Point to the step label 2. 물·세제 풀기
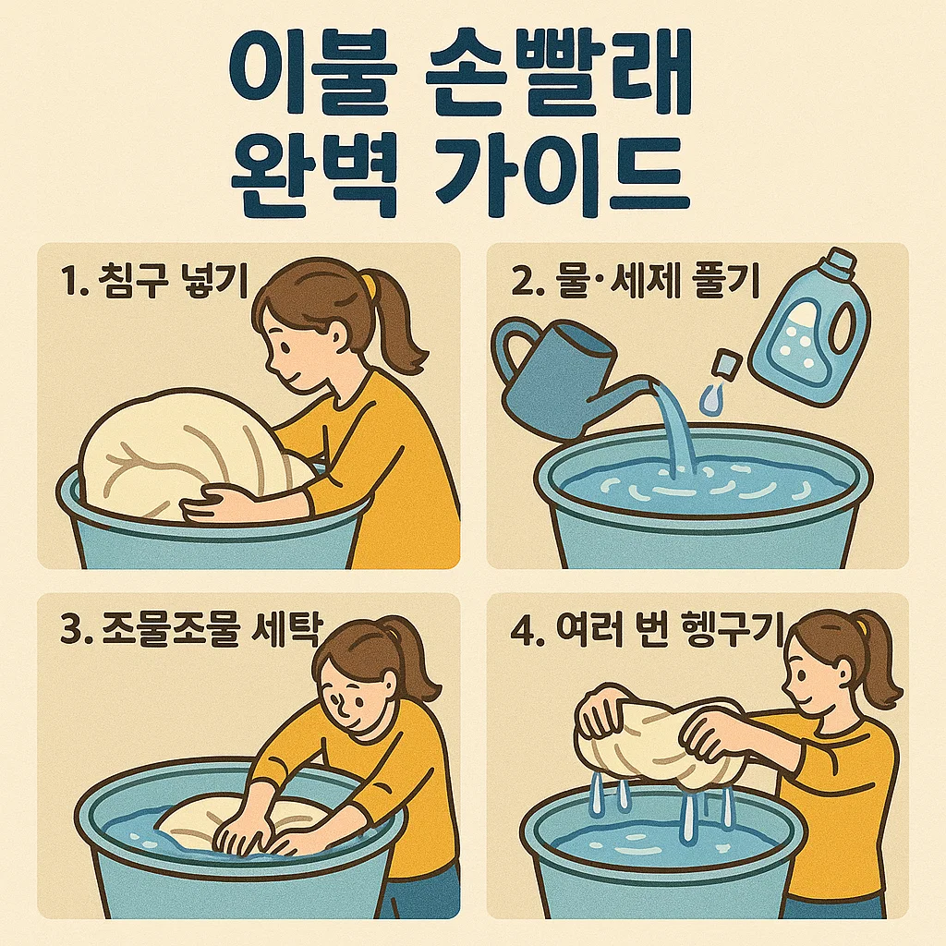[x=635, y=281]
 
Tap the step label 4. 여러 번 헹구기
[x=646, y=629]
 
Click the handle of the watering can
[x=513, y=348]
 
